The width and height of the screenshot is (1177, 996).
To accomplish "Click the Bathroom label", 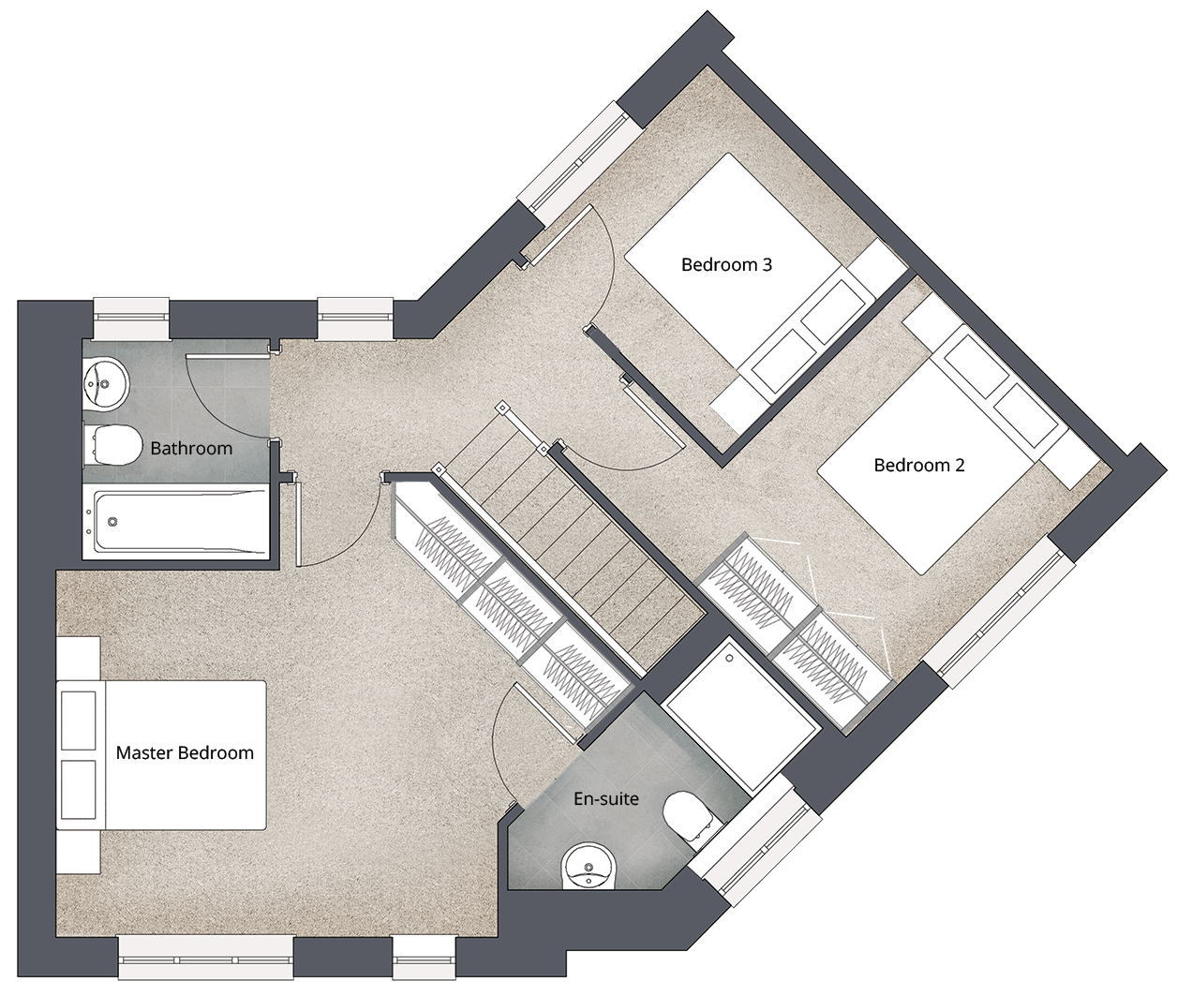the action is point(191,448).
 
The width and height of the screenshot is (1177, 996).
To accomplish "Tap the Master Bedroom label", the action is point(185,752).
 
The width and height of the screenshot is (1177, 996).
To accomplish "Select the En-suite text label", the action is point(606,798).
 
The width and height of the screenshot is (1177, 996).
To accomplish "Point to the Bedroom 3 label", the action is point(726,264).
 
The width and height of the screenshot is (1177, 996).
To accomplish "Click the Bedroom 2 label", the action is point(919,465).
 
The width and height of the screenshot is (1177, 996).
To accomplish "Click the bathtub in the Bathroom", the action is point(175,522).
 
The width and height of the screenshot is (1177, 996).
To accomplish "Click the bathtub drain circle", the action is point(112,521).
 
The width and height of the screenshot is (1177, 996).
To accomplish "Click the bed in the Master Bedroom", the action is point(161,755).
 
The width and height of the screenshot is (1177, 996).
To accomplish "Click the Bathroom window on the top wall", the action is point(131,318).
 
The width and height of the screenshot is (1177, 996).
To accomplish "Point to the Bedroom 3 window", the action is point(576,163).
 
